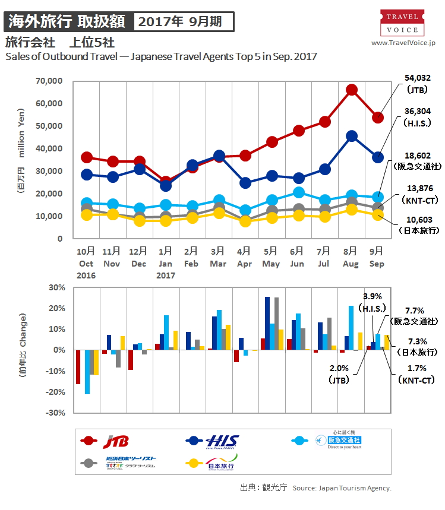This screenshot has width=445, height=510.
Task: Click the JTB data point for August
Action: (351, 90)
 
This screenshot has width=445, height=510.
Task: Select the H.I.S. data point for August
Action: (351, 136)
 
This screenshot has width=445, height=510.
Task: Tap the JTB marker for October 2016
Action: (87, 157)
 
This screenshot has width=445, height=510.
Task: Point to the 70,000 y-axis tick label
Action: (50, 81)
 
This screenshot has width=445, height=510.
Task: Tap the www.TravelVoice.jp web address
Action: (403, 43)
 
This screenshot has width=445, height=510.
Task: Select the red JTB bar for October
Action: (78, 367)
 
